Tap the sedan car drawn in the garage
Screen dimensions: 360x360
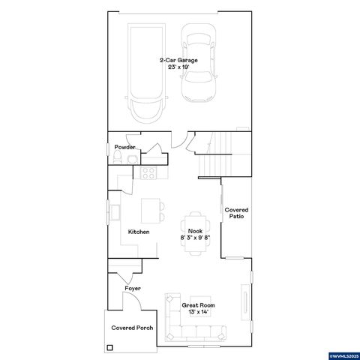[x=198, y=64]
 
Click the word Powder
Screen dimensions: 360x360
[x=124, y=148]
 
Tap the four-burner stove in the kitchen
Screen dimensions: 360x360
[x=148, y=173]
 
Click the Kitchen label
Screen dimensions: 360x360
[x=138, y=232]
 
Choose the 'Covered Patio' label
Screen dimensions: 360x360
[x=236, y=213]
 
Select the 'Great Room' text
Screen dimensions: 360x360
[x=198, y=305]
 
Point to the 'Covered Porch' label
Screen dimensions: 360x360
[x=128, y=328]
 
